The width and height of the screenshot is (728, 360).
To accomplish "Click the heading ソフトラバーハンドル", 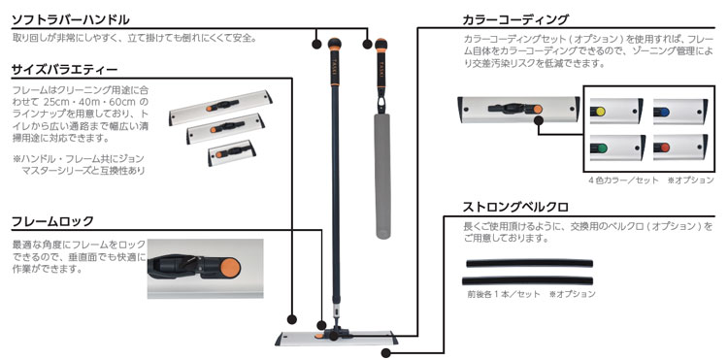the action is (70, 20).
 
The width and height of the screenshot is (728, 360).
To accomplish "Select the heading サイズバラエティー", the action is (64, 70).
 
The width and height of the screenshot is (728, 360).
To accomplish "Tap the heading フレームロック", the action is (52, 221).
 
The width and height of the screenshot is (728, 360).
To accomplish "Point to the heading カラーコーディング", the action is (514, 20).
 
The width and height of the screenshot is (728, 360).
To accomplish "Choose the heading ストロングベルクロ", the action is (514, 208).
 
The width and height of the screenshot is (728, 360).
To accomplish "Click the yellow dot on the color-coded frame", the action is (600, 112).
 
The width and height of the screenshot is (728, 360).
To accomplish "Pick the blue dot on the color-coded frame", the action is (664, 112).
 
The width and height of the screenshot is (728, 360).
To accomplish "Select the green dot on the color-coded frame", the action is (601, 148).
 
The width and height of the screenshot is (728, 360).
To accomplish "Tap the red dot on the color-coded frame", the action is (665, 148).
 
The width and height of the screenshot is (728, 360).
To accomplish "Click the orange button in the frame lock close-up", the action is (230, 267).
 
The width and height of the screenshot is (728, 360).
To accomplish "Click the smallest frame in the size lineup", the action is (232, 152).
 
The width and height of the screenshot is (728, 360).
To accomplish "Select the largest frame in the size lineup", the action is (220, 107).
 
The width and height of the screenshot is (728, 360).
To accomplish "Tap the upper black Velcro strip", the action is (529, 263).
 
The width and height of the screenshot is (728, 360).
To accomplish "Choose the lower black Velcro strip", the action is (527, 280).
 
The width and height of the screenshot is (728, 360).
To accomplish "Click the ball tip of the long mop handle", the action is (334, 44).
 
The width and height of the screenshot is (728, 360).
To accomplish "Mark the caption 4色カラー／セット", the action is (623, 180).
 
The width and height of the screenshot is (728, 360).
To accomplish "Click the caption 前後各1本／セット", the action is (504, 294).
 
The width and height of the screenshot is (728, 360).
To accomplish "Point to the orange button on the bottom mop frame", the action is (319, 336).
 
